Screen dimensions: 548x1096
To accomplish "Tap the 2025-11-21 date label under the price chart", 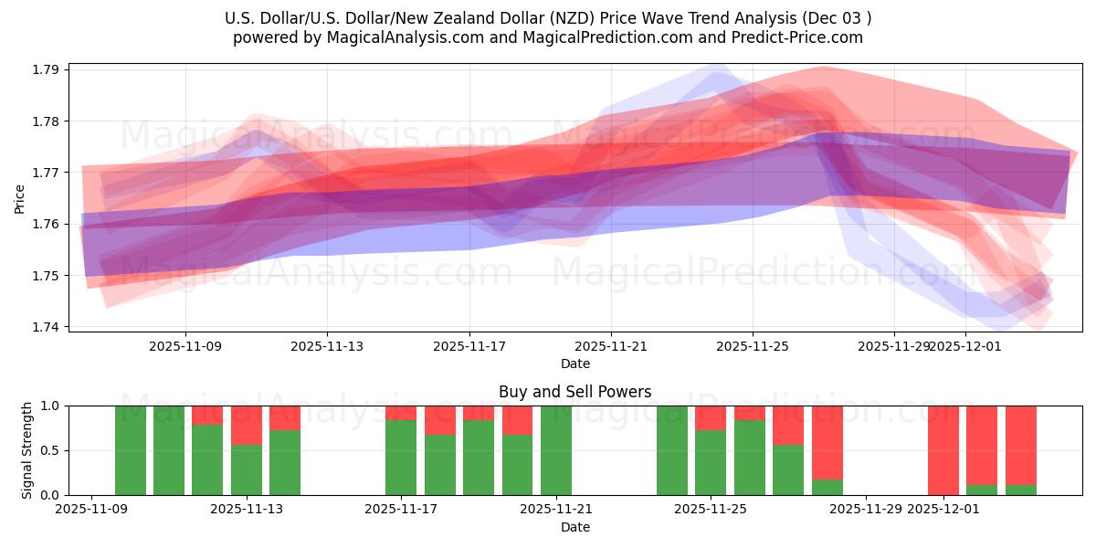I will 611,346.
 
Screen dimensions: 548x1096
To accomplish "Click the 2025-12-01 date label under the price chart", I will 965,346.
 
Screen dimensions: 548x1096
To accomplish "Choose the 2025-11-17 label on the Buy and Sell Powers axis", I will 401,510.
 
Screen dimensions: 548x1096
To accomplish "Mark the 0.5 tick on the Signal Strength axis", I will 50,450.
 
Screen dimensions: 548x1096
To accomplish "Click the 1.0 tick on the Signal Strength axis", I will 50,406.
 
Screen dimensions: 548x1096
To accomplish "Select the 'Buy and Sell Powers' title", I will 574,392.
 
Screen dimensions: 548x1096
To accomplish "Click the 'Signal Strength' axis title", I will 27,450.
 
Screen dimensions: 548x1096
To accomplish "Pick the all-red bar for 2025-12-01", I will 943,450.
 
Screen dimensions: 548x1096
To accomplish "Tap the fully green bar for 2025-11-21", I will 555,450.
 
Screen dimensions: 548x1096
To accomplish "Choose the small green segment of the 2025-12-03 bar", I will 1020,490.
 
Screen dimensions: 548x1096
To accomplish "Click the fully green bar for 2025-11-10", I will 131,450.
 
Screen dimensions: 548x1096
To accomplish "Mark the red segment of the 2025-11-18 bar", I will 439,420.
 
